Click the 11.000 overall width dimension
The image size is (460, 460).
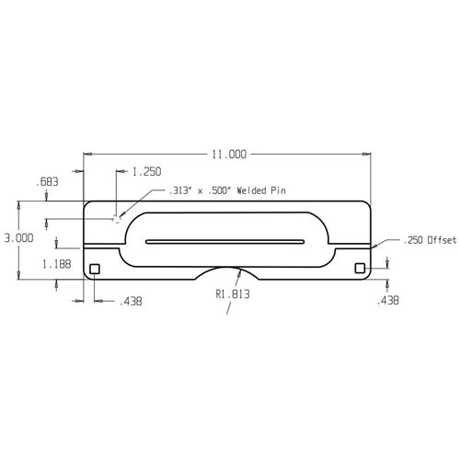[228, 154]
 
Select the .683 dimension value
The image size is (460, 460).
[48, 182]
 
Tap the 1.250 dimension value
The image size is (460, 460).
[147, 172]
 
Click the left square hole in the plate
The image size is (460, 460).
[94, 269]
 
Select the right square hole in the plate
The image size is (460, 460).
[361, 269]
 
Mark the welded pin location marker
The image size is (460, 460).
[116, 218]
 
